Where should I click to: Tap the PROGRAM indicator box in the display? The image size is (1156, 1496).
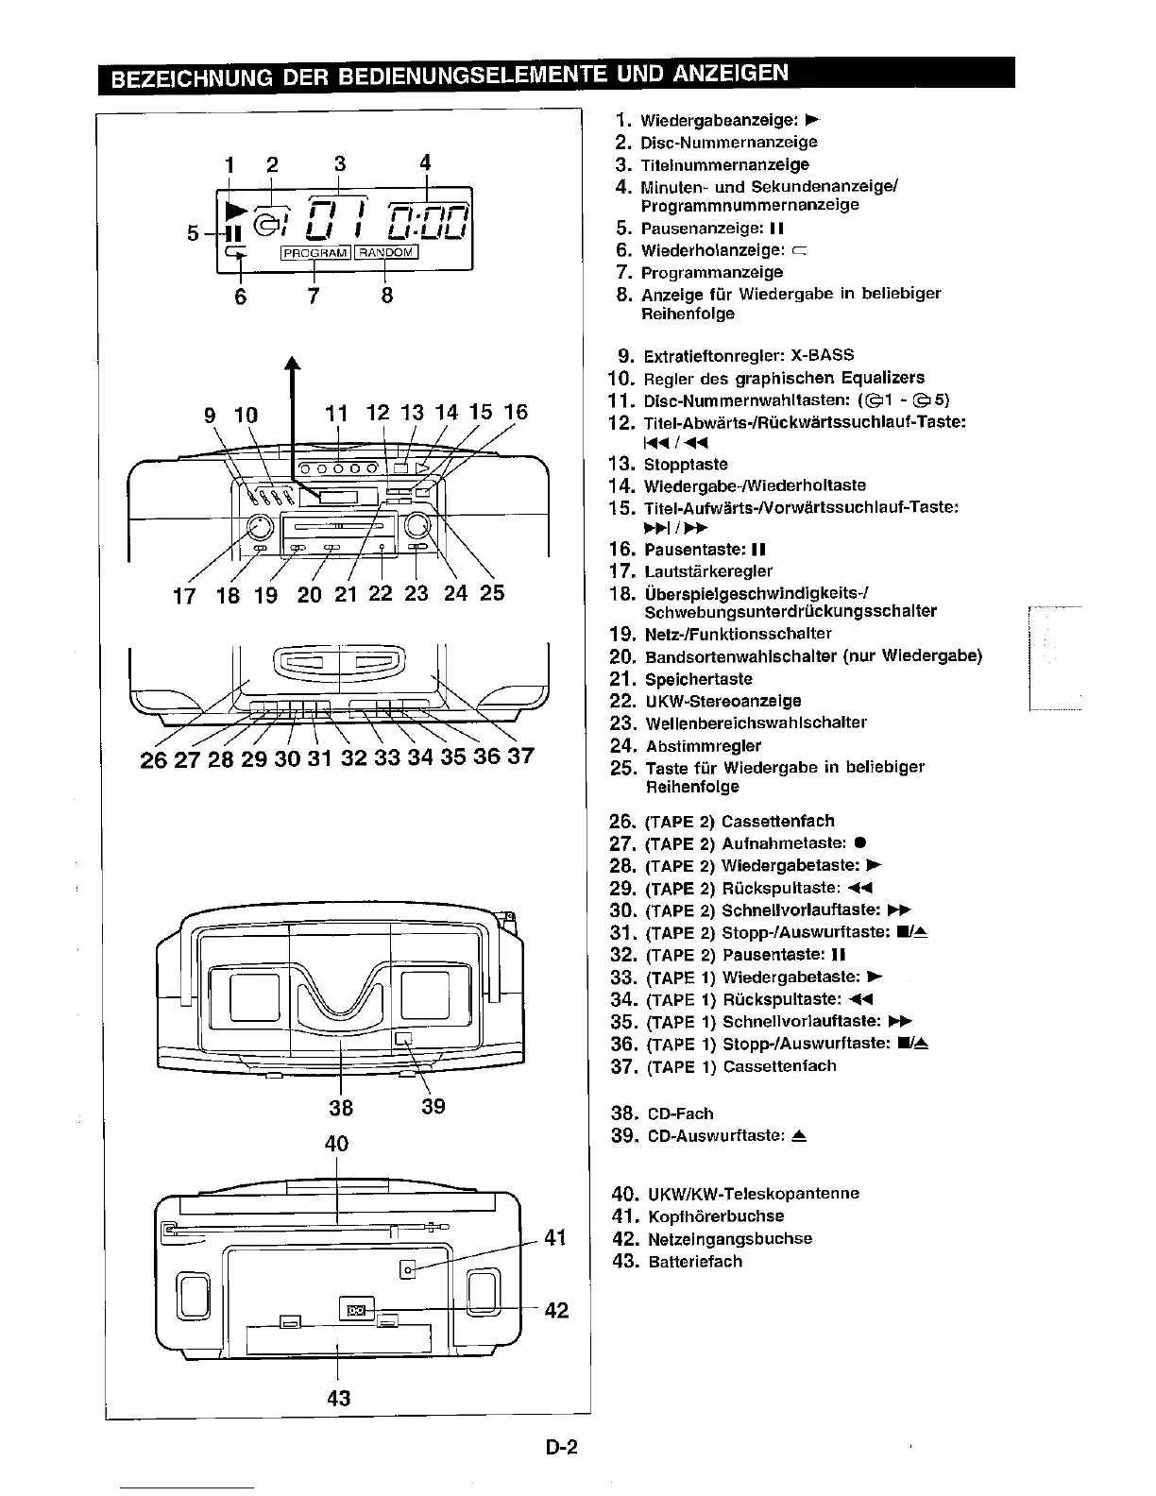click(x=315, y=252)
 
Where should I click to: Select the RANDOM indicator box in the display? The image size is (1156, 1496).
click(x=385, y=252)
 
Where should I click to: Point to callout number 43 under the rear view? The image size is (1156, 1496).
click(x=338, y=1397)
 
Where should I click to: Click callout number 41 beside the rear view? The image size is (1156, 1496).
click(x=556, y=1236)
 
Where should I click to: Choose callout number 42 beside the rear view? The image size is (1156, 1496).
click(x=556, y=1310)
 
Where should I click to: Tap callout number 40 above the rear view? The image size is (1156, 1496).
click(x=337, y=1143)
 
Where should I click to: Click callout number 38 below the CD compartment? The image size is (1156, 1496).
click(x=341, y=1106)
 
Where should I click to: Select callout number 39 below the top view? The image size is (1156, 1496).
click(x=433, y=1106)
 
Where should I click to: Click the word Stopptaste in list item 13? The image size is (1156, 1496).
click(x=686, y=465)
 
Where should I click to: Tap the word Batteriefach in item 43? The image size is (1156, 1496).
click(x=695, y=1262)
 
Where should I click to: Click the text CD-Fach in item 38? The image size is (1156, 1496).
click(x=680, y=1114)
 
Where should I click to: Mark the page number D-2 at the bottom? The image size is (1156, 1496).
click(x=561, y=1448)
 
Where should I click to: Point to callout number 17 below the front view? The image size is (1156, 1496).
click(x=184, y=595)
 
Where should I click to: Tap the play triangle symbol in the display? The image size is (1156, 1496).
click(x=236, y=209)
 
